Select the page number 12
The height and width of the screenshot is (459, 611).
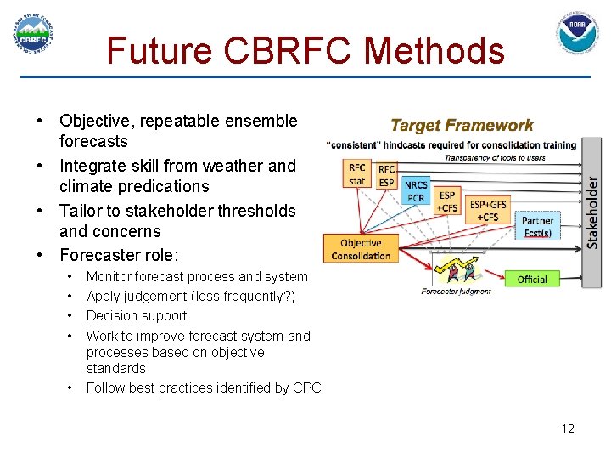coord(568,428)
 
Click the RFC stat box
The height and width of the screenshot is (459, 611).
coord(357,174)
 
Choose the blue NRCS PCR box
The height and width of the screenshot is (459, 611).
coord(416,191)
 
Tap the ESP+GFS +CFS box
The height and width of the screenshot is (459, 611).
coord(487,210)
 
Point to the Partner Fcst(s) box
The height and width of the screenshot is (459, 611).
coord(537,227)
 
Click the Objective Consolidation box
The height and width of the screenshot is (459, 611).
coord(360,249)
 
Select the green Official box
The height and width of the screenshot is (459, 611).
coord(532,279)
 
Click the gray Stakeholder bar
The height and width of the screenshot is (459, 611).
coord(591,212)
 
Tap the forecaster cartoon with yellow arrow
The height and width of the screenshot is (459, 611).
coord(457,271)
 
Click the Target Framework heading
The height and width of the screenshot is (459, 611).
coord(462,126)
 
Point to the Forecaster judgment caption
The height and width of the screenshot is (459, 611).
coord(456,292)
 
